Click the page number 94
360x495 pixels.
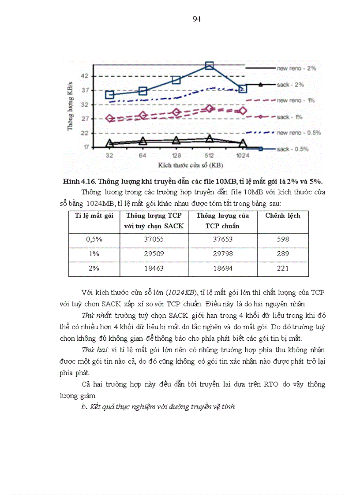click(197, 19)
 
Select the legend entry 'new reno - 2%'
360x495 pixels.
click(296, 68)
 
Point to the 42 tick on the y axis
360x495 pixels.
click(85, 76)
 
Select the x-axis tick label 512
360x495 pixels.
click(210, 156)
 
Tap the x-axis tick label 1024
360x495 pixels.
click(242, 156)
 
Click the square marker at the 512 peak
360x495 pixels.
click(210, 66)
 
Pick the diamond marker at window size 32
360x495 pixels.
click(110, 119)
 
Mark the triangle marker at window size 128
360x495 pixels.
click(176, 140)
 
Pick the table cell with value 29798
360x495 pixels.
click(223, 254)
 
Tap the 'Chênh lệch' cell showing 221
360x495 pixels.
click(282, 268)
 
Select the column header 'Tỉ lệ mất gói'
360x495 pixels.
click(94, 216)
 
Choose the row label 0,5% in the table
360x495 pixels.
click(94, 239)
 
